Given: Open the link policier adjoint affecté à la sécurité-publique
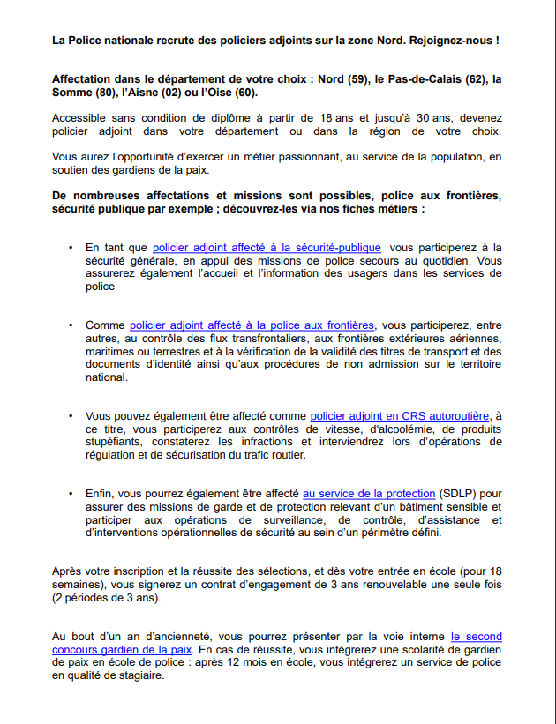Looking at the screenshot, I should pyautogui.click(x=267, y=248).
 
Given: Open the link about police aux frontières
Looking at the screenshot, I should pyautogui.click(x=252, y=325).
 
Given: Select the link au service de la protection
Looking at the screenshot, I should pyautogui.click(x=369, y=494).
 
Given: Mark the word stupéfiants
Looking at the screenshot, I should pyautogui.click(x=116, y=442).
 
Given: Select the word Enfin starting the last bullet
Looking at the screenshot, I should pyautogui.click(x=100, y=494).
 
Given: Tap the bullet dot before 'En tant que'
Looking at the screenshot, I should pyautogui.click(x=71, y=249).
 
